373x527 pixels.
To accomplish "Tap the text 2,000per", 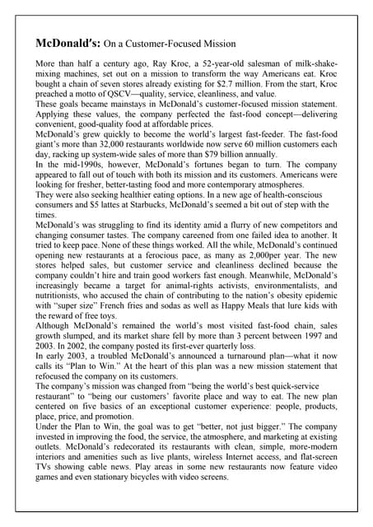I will click(x=253, y=287).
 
